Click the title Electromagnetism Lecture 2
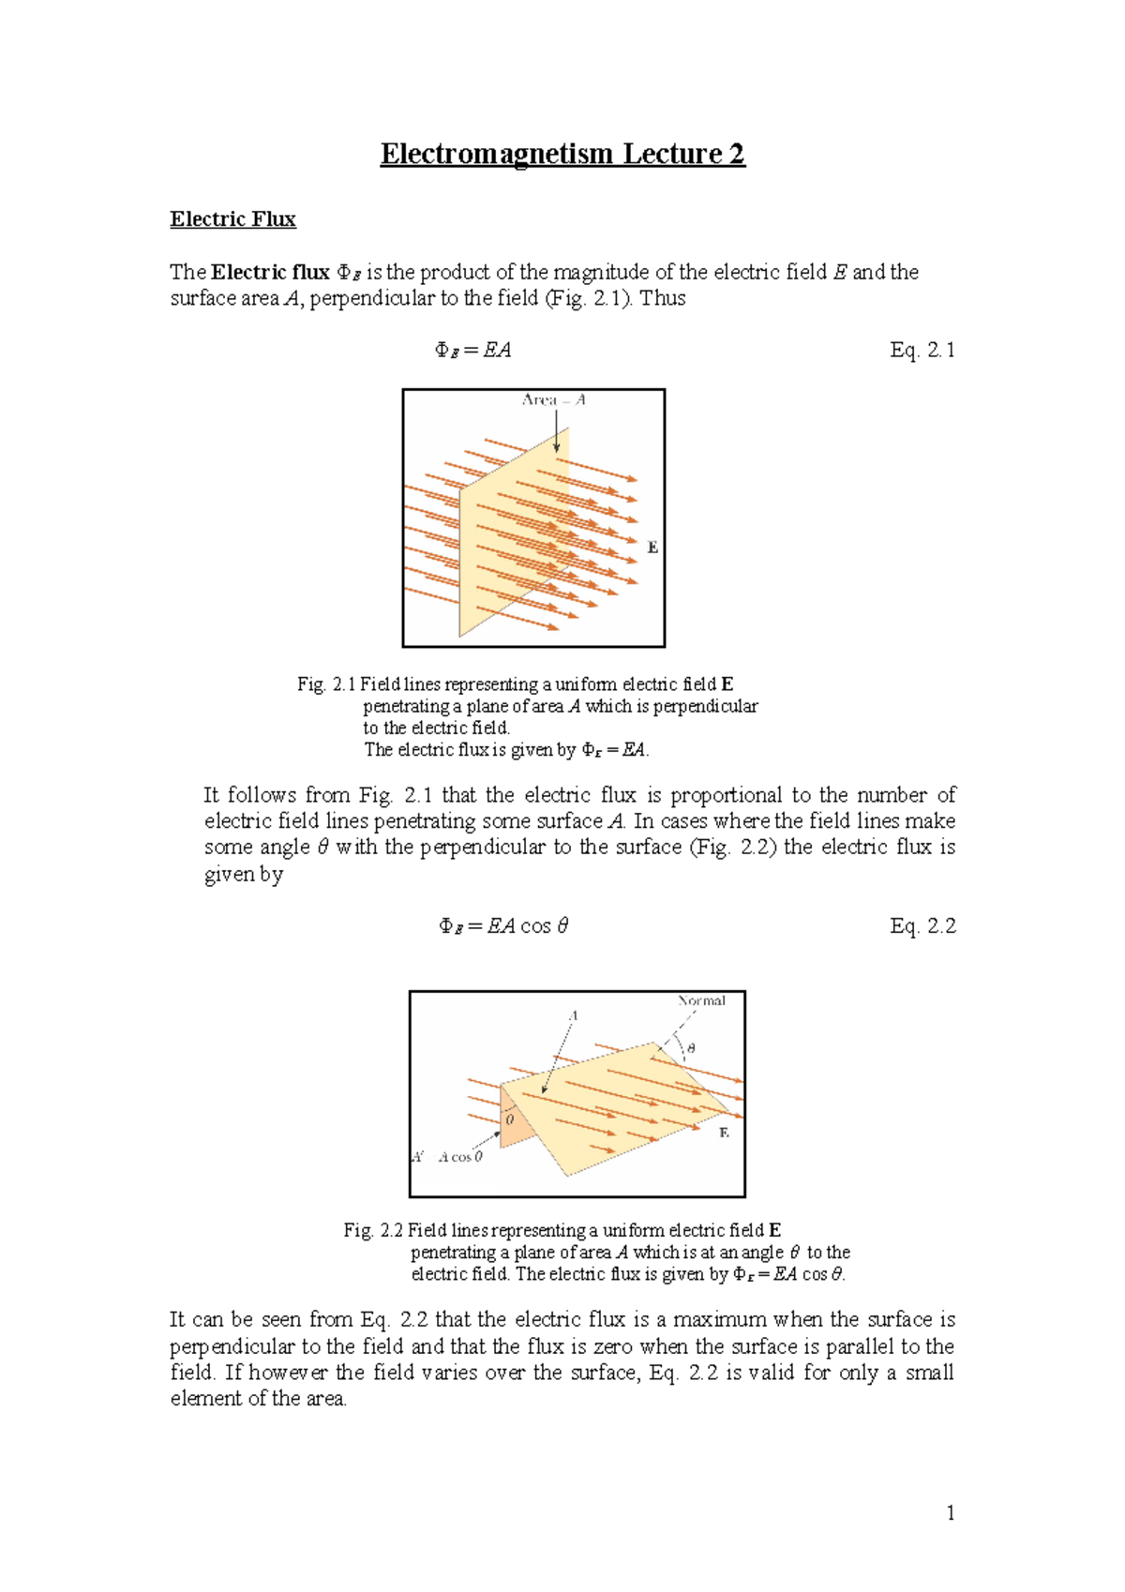coord(562,154)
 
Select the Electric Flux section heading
coord(232,219)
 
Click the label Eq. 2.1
coord(922,350)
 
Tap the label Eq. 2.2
coord(922,926)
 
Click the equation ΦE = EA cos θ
coord(503,926)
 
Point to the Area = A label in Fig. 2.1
coord(553,400)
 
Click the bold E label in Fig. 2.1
coord(653,548)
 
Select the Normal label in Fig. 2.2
coord(702,1000)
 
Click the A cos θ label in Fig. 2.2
coord(460,1157)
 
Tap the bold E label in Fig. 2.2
coord(724,1133)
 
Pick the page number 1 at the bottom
coord(951,1512)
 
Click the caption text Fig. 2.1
coord(326,684)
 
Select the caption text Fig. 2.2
coord(373,1230)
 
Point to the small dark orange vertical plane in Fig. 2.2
coord(515,1118)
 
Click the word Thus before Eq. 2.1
coord(663,298)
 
